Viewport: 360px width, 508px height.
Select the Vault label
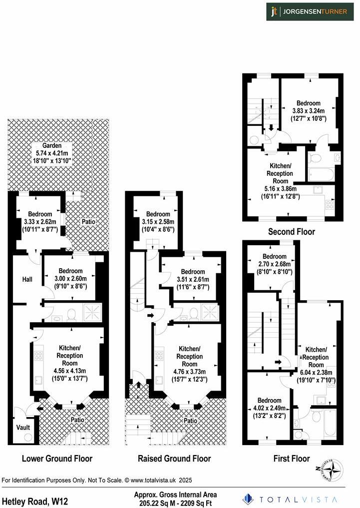23,428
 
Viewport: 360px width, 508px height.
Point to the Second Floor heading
292,232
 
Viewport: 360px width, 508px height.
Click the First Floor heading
292,458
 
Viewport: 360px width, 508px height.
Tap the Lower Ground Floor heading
57,458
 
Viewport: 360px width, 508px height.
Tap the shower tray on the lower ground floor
92,312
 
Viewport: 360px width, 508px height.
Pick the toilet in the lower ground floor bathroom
71,314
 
